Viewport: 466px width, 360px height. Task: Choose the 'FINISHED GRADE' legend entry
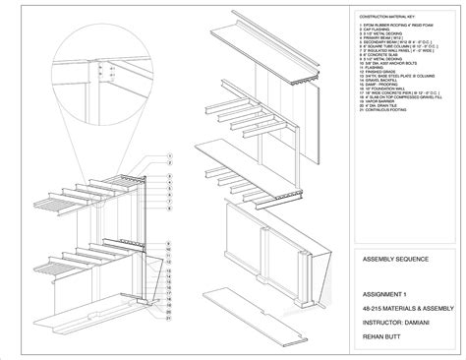[373, 97]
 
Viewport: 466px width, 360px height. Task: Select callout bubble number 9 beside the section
[169, 241]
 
